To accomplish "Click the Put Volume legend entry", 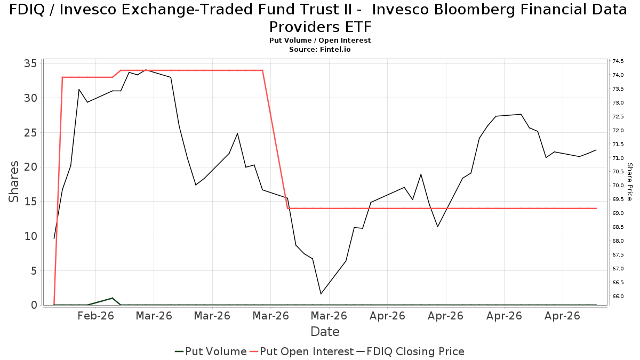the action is coord(211,351).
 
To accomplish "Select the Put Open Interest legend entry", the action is coord(301,351).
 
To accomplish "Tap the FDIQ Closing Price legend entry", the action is coord(410,351).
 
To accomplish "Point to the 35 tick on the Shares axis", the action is coord(30,63).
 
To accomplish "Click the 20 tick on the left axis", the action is coord(30,167).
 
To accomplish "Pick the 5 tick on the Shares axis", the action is coord(34,270).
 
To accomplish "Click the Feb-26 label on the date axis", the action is coord(95,316).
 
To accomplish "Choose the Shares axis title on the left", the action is coord(13,182).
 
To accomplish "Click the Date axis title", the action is coord(325,332).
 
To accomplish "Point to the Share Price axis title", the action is coord(629,182).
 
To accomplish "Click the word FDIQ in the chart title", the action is coord(27,10).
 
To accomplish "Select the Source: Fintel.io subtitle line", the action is coord(319,50).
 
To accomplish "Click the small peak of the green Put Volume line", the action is coord(113,298).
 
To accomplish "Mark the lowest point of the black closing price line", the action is coord(321,294).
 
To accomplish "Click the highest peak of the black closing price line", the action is coord(146,70).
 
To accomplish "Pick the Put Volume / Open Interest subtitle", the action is coord(319,41).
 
